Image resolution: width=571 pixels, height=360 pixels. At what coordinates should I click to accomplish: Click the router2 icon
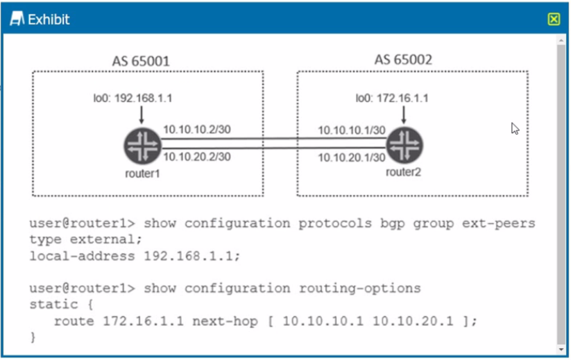tap(404, 144)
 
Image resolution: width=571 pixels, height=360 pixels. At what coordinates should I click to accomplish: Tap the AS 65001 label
tap(141, 61)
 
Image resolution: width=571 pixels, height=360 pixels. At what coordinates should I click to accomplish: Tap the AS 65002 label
tap(403, 60)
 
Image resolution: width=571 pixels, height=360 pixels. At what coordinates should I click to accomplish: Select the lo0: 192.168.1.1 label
tap(133, 98)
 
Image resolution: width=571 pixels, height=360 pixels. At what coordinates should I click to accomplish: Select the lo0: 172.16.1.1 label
tap(392, 98)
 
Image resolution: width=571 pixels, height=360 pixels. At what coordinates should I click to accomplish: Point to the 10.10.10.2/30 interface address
tap(197, 129)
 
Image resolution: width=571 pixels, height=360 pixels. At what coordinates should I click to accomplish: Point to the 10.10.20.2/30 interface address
tap(197, 157)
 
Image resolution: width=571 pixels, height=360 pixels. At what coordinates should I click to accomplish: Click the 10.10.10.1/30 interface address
tap(352, 130)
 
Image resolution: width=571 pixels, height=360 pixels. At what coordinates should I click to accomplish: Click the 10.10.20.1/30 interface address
tap(352, 157)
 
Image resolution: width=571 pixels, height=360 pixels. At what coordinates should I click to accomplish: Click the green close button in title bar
tap(554, 19)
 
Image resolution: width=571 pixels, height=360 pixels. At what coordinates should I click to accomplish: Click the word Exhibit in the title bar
tap(49, 19)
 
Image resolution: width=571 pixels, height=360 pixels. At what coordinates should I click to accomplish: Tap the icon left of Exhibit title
tap(17, 19)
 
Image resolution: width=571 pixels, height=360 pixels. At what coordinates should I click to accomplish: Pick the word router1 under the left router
tap(142, 173)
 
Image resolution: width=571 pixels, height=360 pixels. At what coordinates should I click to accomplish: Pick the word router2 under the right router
tap(403, 171)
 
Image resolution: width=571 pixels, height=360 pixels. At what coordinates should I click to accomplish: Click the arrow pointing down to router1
tap(142, 115)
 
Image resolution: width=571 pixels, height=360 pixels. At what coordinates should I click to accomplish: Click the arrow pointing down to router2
tap(404, 115)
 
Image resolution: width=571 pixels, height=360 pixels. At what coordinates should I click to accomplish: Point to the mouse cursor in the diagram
tap(515, 129)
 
